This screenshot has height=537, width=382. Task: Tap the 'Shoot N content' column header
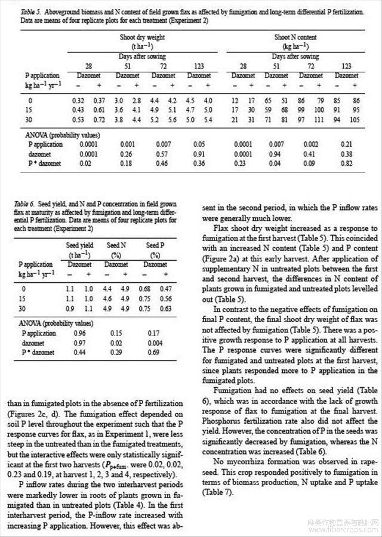[x=291, y=37]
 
